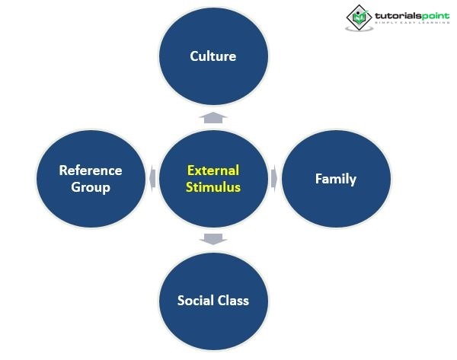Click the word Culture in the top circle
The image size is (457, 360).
(x=213, y=56)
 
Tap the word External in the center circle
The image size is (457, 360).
(x=213, y=170)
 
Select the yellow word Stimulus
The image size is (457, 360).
(x=213, y=186)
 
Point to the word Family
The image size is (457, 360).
(x=335, y=179)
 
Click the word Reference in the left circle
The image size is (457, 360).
(x=91, y=170)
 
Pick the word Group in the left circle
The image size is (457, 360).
(x=91, y=186)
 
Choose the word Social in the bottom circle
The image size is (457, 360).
(x=196, y=300)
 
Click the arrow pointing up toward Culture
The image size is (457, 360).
(x=213, y=116)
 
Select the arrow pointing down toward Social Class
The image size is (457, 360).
(x=213, y=239)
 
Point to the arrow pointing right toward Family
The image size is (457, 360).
(x=273, y=178)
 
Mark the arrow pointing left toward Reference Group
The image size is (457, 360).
(x=152, y=178)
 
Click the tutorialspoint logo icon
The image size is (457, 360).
(x=359, y=18)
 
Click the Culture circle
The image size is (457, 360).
(x=213, y=76)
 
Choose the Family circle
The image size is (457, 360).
(x=336, y=198)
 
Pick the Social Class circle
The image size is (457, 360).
(x=213, y=320)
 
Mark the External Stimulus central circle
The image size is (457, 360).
(x=213, y=205)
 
